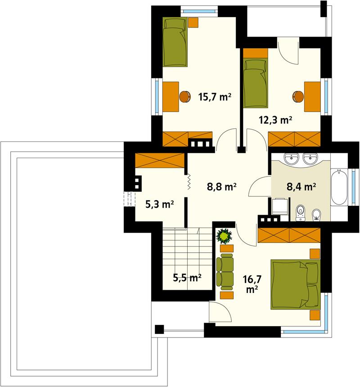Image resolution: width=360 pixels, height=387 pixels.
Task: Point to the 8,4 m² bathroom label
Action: click(x=301, y=186)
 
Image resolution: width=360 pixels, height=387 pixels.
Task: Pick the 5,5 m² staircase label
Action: click(x=187, y=278)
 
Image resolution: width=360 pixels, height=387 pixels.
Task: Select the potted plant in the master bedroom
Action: click(x=224, y=236)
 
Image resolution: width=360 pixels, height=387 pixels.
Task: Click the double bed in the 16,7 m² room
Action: click(x=295, y=284)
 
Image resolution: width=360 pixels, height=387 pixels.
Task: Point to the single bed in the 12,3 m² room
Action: click(x=255, y=81)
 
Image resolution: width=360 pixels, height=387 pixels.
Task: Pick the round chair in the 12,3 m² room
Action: click(x=298, y=96)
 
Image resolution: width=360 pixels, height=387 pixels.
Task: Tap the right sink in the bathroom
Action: click(x=310, y=159)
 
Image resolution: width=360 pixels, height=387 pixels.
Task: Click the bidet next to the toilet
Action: click(x=317, y=214)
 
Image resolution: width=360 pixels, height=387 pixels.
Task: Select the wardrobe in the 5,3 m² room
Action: click(x=160, y=160)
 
